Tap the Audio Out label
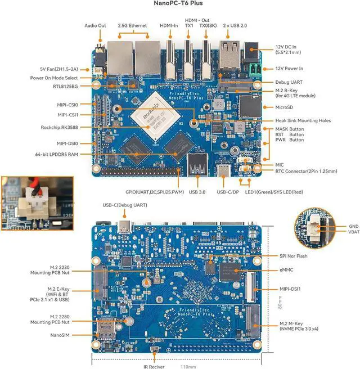(x=95, y=25)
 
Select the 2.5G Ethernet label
(x=133, y=25)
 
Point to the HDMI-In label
(x=170, y=25)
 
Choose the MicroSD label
(x=286, y=106)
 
